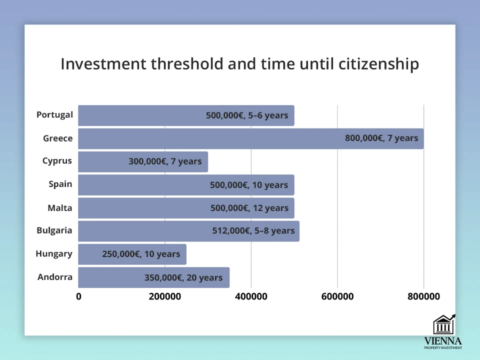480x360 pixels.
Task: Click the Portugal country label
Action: click(x=54, y=115)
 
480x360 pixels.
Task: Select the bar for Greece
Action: click(x=251, y=138)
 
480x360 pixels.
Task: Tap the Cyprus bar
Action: click(x=143, y=161)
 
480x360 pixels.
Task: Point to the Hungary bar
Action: click(x=132, y=254)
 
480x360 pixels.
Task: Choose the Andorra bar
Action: click(x=153, y=277)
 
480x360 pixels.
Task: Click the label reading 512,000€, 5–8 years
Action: click(x=253, y=231)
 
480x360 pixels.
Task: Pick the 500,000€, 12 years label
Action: click(x=249, y=208)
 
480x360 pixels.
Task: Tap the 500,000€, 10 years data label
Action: click(x=249, y=185)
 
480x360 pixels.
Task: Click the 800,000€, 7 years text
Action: click(x=381, y=138)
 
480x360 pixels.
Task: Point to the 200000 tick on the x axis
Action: click(x=164, y=296)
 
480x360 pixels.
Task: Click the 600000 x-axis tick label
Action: click(x=337, y=296)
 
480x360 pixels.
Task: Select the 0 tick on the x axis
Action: click(x=78, y=296)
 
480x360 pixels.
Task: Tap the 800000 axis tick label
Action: click(x=423, y=296)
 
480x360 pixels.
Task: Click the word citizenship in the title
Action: click(x=378, y=64)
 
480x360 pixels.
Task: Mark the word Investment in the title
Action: click(x=103, y=64)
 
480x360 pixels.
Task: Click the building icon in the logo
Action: click(x=444, y=324)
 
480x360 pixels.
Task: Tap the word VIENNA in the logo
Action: click(x=443, y=341)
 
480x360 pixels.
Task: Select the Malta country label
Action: click(x=60, y=208)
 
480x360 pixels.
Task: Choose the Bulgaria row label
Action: click(x=54, y=230)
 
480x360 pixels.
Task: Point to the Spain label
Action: click(x=60, y=184)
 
